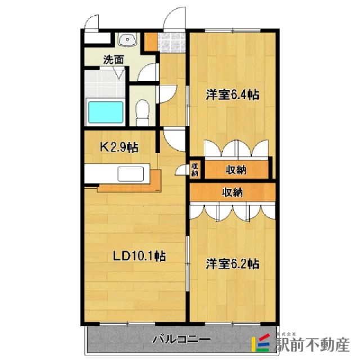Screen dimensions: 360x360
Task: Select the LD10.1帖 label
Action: (x=139, y=256)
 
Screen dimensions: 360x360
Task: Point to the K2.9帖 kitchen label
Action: (x=119, y=148)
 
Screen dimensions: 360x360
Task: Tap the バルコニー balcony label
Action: (x=182, y=340)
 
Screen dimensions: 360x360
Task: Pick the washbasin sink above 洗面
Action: (x=128, y=40)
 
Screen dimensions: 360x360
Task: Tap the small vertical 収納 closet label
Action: (x=195, y=169)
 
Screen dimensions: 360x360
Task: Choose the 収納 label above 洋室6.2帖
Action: (x=232, y=192)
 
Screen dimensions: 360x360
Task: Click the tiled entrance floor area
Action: (x=171, y=42)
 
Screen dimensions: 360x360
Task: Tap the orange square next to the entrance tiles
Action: (x=150, y=41)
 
